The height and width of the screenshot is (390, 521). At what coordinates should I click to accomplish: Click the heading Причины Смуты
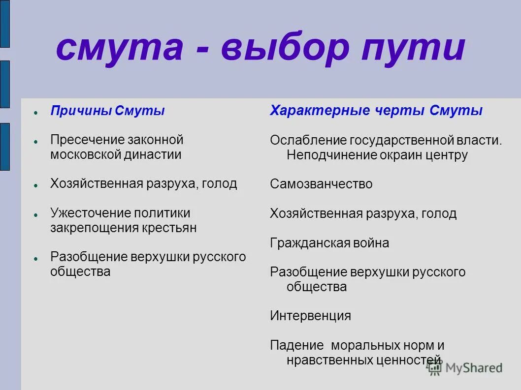tap(107, 111)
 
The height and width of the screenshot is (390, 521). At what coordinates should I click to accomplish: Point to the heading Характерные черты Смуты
tap(376, 111)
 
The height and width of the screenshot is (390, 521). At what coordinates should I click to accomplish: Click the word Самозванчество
tap(321, 184)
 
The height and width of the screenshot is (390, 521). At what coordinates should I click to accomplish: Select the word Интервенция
tap(310, 316)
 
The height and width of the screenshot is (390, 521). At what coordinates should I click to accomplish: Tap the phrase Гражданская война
tap(329, 243)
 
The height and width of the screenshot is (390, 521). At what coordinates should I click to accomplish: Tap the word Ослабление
tap(308, 140)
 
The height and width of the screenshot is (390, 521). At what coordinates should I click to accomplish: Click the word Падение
tap(296, 345)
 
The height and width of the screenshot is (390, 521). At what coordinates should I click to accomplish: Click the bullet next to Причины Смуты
tap(36, 113)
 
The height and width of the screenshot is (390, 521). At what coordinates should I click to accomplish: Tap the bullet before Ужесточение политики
tap(36, 215)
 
